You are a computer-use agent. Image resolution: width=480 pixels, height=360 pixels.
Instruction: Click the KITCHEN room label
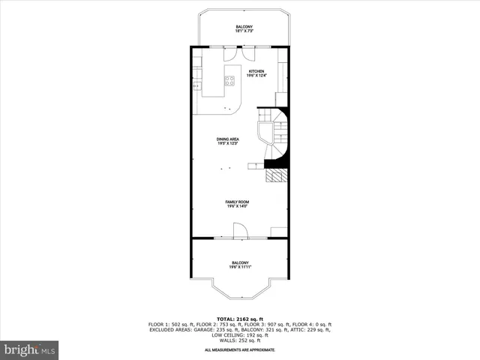(x=256, y=71)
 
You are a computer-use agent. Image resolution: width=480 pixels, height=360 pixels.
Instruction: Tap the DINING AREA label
(x=227, y=139)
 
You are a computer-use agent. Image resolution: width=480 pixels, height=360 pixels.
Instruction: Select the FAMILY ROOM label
(x=238, y=202)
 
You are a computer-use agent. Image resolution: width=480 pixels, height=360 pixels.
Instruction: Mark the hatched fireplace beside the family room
(x=277, y=176)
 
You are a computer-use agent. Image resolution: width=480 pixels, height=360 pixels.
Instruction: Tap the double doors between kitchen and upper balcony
(x=240, y=55)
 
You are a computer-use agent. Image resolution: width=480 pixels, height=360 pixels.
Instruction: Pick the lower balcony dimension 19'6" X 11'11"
(x=240, y=267)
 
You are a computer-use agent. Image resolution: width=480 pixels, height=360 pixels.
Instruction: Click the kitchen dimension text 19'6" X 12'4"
(x=256, y=76)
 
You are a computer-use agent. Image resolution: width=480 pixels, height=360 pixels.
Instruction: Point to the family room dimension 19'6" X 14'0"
(x=238, y=206)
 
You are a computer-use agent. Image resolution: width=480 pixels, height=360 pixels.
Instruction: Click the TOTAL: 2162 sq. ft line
(x=239, y=319)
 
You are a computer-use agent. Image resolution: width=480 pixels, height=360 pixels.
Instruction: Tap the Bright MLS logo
(x=29, y=349)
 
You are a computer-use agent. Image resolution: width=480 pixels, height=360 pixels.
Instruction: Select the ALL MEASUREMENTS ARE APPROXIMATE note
(x=240, y=350)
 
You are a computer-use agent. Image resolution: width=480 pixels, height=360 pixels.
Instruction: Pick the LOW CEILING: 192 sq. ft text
(x=240, y=334)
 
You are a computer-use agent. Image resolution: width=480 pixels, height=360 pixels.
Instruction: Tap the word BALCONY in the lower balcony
(x=240, y=262)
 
